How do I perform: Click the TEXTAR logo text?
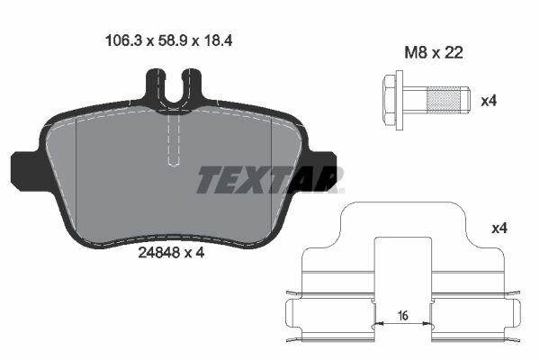pyautogui.click(x=266, y=180)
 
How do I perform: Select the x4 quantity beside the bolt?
pyautogui.click(x=488, y=100)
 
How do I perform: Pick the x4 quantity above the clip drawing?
pyautogui.click(x=499, y=229)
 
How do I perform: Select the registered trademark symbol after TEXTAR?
pyautogui.click(x=339, y=190)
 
